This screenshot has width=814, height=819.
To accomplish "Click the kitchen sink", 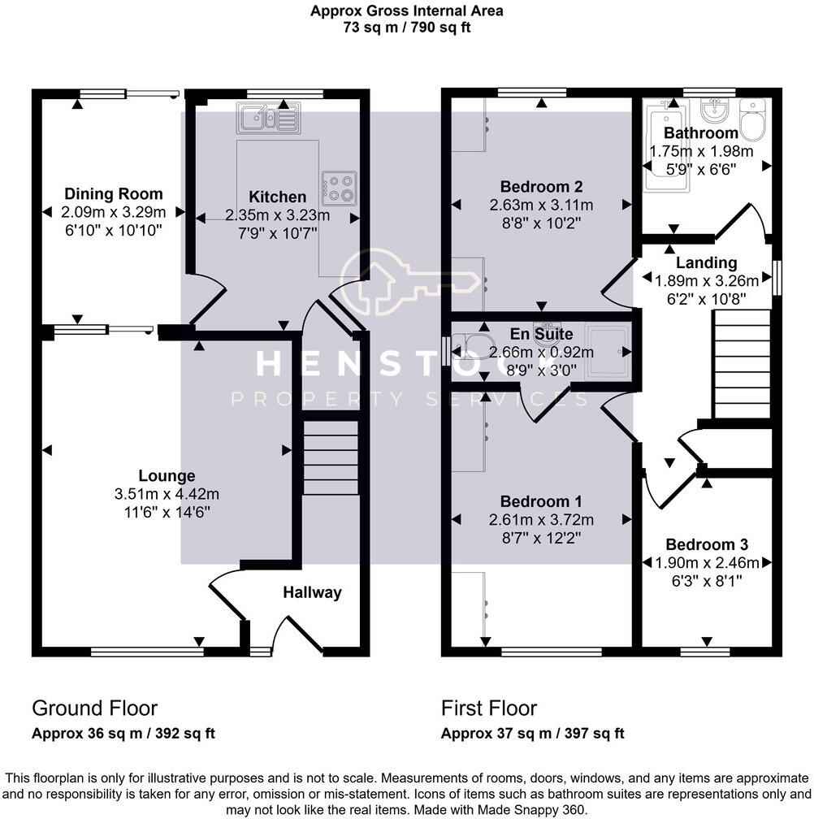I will click(x=268, y=119).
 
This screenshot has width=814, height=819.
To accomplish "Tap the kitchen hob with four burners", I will click(x=338, y=188).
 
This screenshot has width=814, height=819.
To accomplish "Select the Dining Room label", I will click(x=114, y=194).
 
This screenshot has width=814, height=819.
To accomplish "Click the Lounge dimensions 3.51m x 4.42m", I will click(x=167, y=493).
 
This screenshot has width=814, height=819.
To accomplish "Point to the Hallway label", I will click(x=312, y=592).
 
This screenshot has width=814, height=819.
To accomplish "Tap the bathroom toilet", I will click(x=752, y=120).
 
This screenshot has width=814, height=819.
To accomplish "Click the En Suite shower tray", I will click(x=605, y=352).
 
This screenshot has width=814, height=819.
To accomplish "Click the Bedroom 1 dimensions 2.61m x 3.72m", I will click(x=541, y=519).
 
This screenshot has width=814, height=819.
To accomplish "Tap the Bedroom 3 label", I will click(x=706, y=544).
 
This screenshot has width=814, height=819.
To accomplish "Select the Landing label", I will click(x=707, y=262).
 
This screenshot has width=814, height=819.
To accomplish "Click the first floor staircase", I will click(x=740, y=365).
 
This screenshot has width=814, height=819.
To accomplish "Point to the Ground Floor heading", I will click(x=94, y=708).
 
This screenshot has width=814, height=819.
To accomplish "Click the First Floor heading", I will click(x=489, y=708).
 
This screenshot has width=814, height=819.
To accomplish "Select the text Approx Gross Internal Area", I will click(x=406, y=11).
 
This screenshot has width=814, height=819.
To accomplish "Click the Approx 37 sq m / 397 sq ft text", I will click(x=532, y=733).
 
